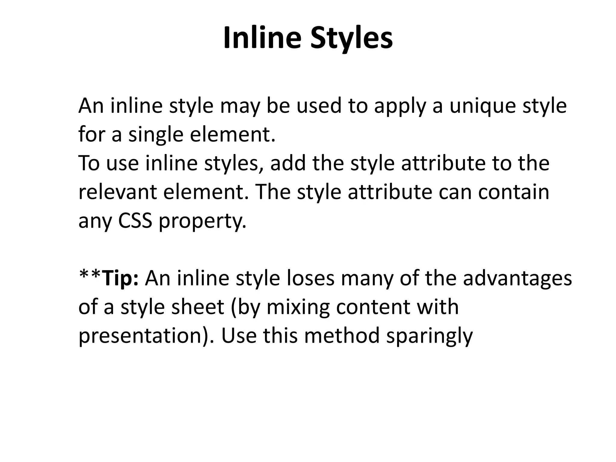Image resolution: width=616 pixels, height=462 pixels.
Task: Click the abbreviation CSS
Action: coord(135,221)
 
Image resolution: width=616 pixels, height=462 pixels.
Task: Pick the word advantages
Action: coord(517,279)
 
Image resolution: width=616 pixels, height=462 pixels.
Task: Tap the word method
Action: coord(342,336)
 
